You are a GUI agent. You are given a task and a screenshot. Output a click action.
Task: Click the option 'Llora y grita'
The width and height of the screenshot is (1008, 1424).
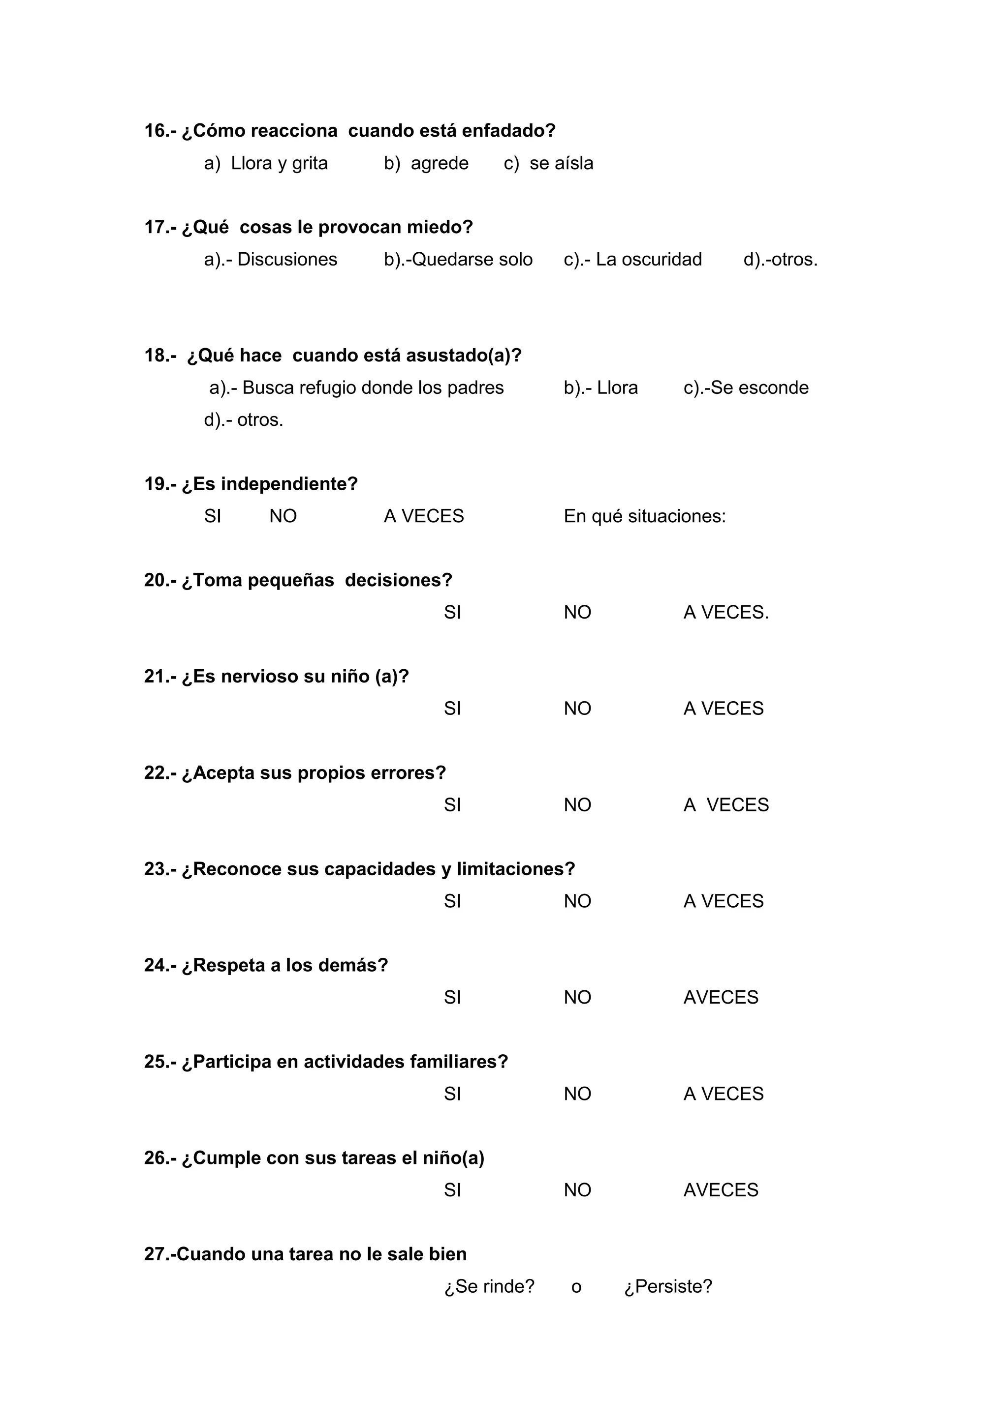point(279,163)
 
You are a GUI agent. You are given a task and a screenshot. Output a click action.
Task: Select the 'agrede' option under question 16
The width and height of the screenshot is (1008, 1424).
point(439,163)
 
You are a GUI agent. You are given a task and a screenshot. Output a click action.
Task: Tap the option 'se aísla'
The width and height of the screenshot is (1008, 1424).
point(561,163)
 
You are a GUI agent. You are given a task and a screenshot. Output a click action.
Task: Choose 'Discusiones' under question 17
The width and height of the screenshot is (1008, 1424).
point(287,259)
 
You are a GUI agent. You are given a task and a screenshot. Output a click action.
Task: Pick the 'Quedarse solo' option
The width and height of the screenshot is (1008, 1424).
point(472,259)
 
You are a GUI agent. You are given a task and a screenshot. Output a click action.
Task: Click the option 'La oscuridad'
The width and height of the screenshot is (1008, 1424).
point(649,259)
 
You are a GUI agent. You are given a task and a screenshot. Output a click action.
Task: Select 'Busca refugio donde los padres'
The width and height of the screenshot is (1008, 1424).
point(373,387)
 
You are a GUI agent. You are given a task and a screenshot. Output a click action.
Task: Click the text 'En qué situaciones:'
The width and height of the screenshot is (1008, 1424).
point(644,516)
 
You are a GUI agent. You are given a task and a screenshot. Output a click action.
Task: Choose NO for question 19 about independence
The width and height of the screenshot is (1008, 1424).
point(283,516)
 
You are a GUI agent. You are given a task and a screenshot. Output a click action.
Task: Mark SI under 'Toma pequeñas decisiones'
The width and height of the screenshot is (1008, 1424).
point(452,612)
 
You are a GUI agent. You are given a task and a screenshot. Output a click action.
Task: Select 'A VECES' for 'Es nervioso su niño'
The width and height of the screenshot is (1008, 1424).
point(723,708)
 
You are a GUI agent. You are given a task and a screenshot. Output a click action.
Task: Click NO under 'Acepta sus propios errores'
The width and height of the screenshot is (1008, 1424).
point(577,804)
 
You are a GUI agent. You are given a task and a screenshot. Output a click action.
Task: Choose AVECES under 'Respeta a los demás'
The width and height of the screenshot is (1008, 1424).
point(721,997)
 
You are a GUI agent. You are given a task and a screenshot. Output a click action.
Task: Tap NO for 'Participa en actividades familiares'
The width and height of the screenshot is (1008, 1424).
point(577,1094)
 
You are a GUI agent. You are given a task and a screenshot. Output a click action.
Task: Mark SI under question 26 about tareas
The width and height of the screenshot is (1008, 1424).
point(452,1189)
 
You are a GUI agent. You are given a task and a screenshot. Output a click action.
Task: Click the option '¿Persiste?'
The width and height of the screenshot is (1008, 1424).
point(668,1286)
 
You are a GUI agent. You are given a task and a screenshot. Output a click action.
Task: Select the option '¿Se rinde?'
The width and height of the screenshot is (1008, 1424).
point(489,1286)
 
